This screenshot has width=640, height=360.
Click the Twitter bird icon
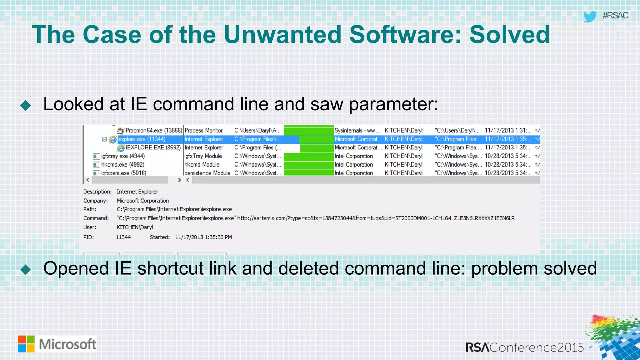[x=590, y=16]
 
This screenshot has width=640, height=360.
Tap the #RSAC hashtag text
[x=615, y=15]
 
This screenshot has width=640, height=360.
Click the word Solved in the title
[x=509, y=34]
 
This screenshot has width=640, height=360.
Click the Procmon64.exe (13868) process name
[x=153, y=131]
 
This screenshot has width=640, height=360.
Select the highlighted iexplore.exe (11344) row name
[x=142, y=139]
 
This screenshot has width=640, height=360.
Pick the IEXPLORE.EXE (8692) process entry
[x=153, y=147]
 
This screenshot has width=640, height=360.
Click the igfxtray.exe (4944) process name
[x=123, y=156]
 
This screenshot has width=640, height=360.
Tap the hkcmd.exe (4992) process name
[x=122, y=164]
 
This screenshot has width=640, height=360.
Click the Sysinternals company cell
[x=357, y=131]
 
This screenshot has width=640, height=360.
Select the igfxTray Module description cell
[x=203, y=156]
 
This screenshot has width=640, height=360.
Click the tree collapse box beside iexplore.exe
[x=104, y=139]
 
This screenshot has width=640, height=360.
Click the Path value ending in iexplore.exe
[x=174, y=209]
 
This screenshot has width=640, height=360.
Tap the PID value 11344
[x=123, y=237]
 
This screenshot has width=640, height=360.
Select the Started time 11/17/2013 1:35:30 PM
[x=203, y=237]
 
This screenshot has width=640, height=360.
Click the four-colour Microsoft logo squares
[x=26, y=344]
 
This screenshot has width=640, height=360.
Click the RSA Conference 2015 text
[x=525, y=347]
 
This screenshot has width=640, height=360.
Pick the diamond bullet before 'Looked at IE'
[x=26, y=106]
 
